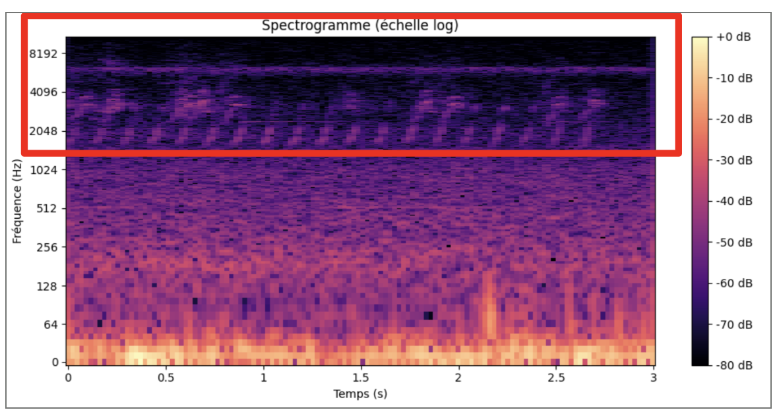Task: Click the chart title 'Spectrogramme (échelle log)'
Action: (359, 26)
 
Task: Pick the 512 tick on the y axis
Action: (48, 209)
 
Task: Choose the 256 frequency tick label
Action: (48, 247)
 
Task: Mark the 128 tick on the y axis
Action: (48, 286)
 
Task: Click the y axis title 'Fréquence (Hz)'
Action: (18, 200)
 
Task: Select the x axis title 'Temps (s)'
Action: (359, 394)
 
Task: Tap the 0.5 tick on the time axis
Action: (166, 378)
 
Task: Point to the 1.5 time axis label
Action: (361, 378)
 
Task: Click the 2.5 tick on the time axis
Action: (556, 378)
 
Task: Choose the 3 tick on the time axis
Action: (654, 378)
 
